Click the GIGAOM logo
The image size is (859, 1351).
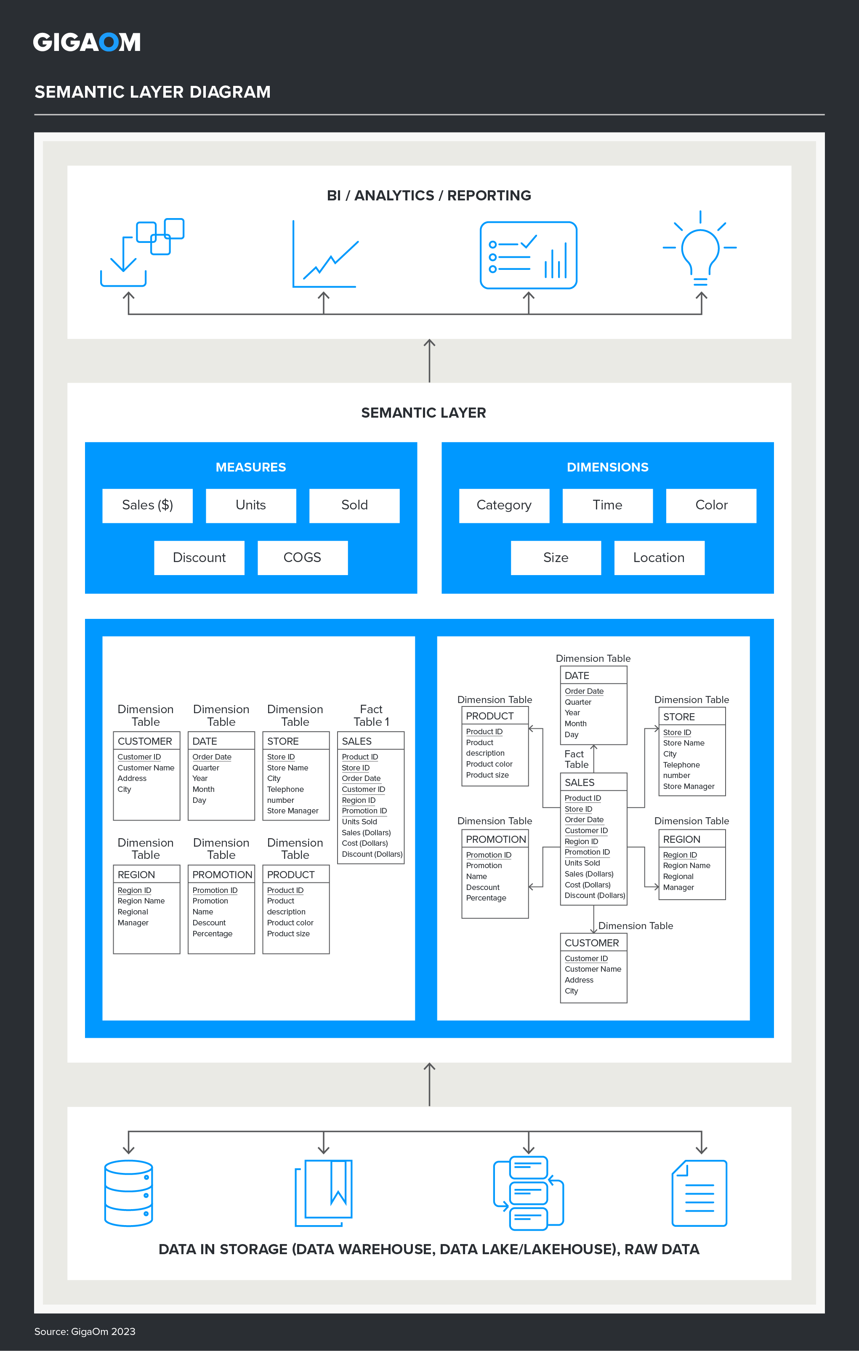pyautogui.click(x=86, y=42)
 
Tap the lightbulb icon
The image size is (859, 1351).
pyautogui.click(x=700, y=250)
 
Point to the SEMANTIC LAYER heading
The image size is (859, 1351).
pyautogui.click(x=423, y=413)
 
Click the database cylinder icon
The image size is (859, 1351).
pyautogui.click(x=128, y=1193)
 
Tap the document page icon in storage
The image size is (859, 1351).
pyautogui.click(x=699, y=1193)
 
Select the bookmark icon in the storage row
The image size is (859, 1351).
pyautogui.click(x=324, y=1193)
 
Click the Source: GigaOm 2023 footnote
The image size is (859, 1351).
pyautogui.click(x=85, y=1331)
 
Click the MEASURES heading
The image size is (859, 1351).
pyautogui.click(x=251, y=467)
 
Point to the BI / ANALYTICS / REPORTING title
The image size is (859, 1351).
pyautogui.click(x=429, y=195)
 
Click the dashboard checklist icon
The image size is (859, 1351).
pyautogui.click(x=528, y=255)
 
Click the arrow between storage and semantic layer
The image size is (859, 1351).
pyautogui.click(x=429, y=1084)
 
